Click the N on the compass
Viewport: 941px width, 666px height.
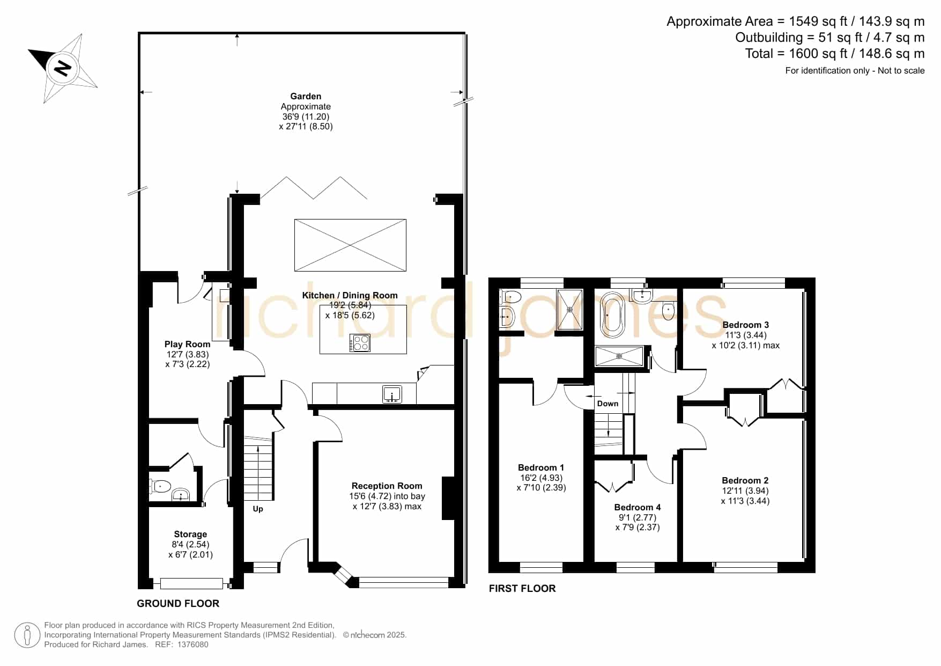click(63, 68)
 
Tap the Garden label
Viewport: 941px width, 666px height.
click(306, 97)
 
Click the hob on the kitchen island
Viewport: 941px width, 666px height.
click(360, 343)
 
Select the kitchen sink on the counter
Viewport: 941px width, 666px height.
click(392, 394)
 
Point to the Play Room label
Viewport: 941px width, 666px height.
click(187, 345)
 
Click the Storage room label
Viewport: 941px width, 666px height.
click(190, 535)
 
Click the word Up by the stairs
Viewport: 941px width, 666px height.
click(258, 509)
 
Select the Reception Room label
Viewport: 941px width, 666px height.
click(387, 486)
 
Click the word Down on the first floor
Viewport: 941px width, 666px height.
click(607, 404)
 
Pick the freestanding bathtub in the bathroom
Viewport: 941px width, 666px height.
click(612, 315)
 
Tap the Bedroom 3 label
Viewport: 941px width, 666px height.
click(746, 325)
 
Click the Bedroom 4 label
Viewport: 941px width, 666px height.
click(638, 508)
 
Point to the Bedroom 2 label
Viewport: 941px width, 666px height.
click(745, 481)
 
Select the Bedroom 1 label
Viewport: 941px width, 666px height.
click(541, 468)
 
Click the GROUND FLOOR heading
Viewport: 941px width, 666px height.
click(178, 604)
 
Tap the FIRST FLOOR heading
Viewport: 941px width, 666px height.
click(522, 589)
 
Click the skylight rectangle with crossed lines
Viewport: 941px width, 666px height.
click(350, 245)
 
